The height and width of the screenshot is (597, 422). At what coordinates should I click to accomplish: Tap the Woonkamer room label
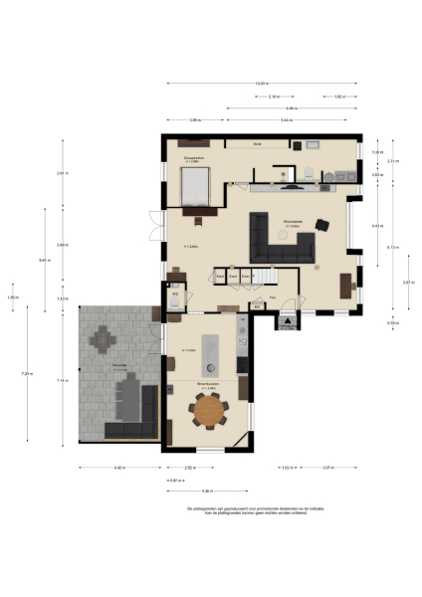coord(292,221)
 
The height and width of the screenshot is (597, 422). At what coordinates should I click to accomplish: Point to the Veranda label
coord(119,367)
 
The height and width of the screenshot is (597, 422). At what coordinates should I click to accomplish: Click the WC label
coord(174,294)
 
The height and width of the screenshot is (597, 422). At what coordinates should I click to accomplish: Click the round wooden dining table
coord(210,409)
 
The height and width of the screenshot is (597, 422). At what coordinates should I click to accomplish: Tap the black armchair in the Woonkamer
coord(321,223)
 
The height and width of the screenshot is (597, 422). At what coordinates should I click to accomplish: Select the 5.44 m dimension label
coord(287,119)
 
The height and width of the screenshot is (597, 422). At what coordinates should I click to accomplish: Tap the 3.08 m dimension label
coord(195,119)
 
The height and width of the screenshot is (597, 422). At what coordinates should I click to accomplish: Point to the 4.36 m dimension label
coord(206,491)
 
